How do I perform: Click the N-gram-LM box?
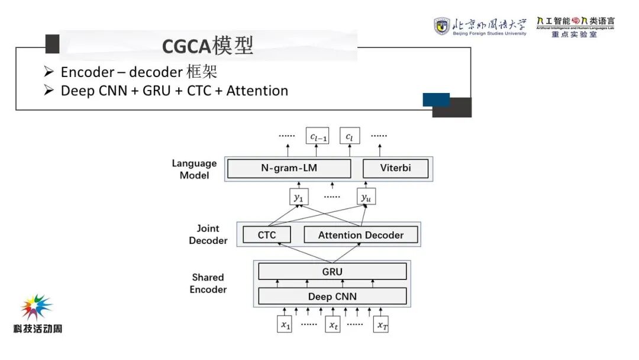[x=289, y=168]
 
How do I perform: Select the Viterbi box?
[x=395, y=168]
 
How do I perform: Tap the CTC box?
[x=267, y=235]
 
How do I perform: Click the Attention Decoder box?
[x=361, y=235]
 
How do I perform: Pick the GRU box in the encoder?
[x=332, y=272]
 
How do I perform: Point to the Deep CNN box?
[x=332, y=296]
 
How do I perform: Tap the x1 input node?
[x=285, y=325]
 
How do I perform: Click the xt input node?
[x=334, y=325]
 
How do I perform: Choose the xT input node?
[x=381, y=325]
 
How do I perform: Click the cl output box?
[x=350, y=137]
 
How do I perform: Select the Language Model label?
[x=194, y=169]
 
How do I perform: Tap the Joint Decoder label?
[x=208, y=234]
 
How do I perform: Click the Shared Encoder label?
[x=208, y=283]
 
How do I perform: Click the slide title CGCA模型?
[x=208, y=46]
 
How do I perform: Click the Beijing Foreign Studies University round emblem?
[x=441, y=26]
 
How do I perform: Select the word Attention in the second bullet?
[x=257, y=91]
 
